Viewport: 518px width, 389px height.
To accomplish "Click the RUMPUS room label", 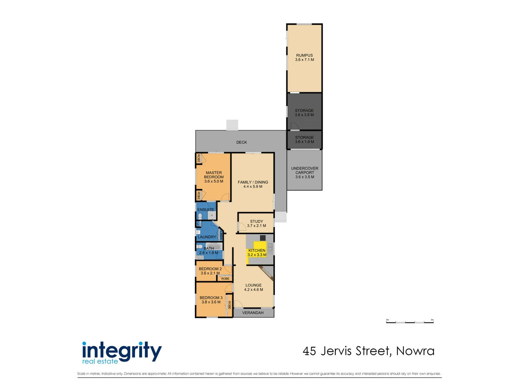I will pos(304,55).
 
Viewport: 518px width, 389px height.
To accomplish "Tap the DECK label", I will pos(241,142).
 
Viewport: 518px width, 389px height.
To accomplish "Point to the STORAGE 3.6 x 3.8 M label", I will pos(304,113).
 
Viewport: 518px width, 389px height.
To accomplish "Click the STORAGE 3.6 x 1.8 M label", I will pos(304,139).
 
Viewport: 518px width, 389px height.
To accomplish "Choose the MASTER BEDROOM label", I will pos(214,175).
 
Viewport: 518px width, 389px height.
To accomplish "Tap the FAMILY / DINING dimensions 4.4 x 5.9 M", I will pos(253,187).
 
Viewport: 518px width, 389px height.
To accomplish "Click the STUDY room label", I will pos(256,222).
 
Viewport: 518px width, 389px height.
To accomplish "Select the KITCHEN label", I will pos(257,250).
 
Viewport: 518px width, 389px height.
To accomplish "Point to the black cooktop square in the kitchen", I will pos(263,238).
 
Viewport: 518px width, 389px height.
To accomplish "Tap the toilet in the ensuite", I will pos(200,216).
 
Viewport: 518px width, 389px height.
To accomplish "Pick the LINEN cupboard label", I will pos(221,236).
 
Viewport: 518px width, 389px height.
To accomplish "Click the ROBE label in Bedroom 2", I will pos(225,278).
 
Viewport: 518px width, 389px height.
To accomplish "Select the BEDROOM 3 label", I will pos(211,298).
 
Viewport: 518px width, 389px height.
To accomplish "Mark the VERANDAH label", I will pos(253,313).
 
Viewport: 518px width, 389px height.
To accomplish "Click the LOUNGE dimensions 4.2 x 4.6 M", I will pos(254,290).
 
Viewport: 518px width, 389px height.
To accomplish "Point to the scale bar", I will pos(410,322).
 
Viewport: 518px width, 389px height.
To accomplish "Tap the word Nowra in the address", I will pos(415,351).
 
